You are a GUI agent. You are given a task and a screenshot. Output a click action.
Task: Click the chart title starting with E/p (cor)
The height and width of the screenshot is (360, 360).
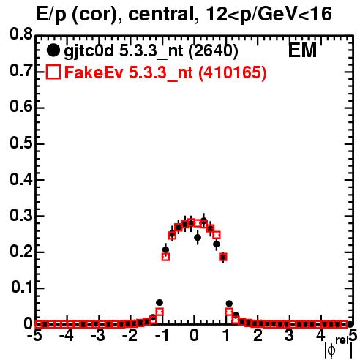coord(184,14)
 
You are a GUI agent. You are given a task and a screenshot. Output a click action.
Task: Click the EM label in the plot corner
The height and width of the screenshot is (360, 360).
coord(302,50)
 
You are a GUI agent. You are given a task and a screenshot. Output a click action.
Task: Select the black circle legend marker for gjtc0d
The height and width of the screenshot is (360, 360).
coord(53,50)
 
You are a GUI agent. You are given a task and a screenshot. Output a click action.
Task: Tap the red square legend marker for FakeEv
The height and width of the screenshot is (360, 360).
coord(53,72)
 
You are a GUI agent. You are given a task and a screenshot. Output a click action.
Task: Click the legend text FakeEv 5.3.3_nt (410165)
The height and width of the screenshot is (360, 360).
coord(166,72)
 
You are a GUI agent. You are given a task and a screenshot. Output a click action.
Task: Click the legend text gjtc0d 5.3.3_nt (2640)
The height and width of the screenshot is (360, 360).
coord(151,51)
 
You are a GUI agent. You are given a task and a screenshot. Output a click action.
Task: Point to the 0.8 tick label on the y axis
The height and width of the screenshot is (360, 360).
coord(21,34)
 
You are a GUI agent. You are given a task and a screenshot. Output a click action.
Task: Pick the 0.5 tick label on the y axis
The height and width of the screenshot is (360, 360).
coord(21,143)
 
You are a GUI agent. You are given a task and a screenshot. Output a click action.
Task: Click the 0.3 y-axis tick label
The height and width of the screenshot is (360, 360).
coord(21,215)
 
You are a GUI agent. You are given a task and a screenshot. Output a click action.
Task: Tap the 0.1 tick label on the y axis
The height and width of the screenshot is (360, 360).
coord(22,288)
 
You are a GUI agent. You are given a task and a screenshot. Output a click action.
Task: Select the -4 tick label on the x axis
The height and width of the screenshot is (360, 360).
coord(67,335)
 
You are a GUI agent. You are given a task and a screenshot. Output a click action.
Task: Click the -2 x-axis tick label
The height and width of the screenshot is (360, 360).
coord(130,335)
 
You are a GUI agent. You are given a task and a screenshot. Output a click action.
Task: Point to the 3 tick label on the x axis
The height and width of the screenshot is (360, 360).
coord(290,335)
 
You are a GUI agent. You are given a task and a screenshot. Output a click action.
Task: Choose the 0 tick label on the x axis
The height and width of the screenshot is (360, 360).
coord(194,335)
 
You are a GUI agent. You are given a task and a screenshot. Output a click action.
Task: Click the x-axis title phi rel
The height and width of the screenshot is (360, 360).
coord(339,348)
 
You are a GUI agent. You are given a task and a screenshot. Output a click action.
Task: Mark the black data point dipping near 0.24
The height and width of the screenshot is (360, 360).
coord(198,237)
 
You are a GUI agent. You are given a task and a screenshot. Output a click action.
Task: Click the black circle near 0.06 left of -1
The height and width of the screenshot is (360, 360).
coord(160,302)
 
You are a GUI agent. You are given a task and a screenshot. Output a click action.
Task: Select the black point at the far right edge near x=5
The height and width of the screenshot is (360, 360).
coord(350,324)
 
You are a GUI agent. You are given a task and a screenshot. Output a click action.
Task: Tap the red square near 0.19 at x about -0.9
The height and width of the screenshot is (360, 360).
coord(165,257)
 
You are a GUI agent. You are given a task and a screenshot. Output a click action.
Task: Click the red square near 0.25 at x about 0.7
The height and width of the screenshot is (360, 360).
coord(217,235)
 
